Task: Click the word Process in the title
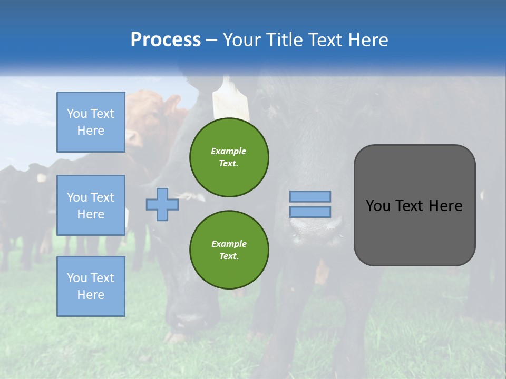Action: (166, 40)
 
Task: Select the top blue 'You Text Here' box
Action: (91, 122)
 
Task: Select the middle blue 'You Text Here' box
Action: (91, 205)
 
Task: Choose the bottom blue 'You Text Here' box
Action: (91, 286)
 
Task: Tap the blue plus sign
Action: (162, 204)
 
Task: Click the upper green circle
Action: (229, 157)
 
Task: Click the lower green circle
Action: (229, 250)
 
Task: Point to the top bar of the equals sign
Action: (310, 196)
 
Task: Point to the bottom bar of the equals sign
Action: (310, 212)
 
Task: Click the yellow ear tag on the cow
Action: (230, 99)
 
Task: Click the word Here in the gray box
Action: (445, 206)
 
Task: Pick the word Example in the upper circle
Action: (229, 151)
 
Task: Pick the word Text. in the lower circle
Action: (229, 256)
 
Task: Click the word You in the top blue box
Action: (77, 114)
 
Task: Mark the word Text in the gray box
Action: (410, 206)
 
